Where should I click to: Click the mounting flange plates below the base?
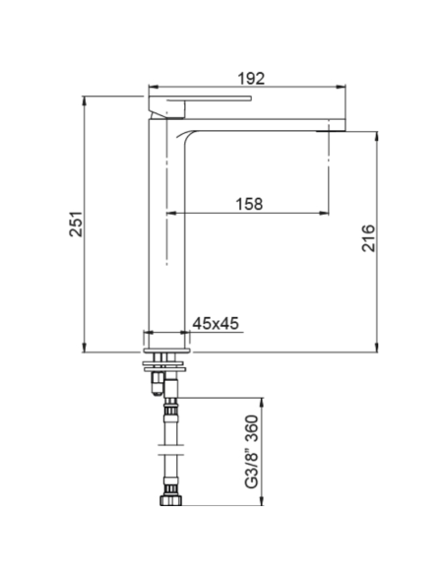164,358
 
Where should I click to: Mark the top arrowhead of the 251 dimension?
86,100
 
